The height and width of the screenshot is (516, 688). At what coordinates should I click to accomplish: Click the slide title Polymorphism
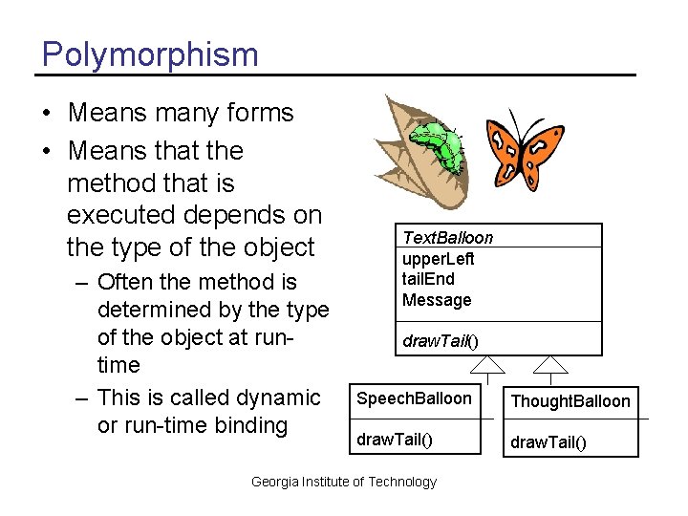coord(150,54)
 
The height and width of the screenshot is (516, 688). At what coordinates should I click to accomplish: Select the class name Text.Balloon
coord(448,237)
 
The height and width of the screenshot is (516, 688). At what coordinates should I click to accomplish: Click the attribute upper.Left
coord(439,258)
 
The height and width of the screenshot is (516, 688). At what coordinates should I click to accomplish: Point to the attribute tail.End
coord(428,279)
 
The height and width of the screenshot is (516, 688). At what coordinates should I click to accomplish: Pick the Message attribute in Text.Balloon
coord(437,300)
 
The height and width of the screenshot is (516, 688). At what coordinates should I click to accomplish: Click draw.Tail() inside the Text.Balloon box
coord(440,340)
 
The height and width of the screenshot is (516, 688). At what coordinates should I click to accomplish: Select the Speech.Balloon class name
coord(414,398)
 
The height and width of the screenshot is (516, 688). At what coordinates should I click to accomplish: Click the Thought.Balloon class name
coord(570,400)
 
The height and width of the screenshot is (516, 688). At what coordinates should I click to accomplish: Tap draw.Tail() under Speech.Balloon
coord(394,440)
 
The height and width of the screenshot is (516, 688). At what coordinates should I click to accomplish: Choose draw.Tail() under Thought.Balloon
coord(549,441)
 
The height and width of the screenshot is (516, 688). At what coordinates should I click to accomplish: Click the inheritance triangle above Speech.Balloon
coord(489,364)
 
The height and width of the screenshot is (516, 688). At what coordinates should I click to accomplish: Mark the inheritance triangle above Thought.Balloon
coord(550,364)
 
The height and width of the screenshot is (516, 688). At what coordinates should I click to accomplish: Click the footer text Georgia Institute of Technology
coord(343,482)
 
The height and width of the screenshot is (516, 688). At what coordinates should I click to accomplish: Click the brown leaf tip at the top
coord(388,99)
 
